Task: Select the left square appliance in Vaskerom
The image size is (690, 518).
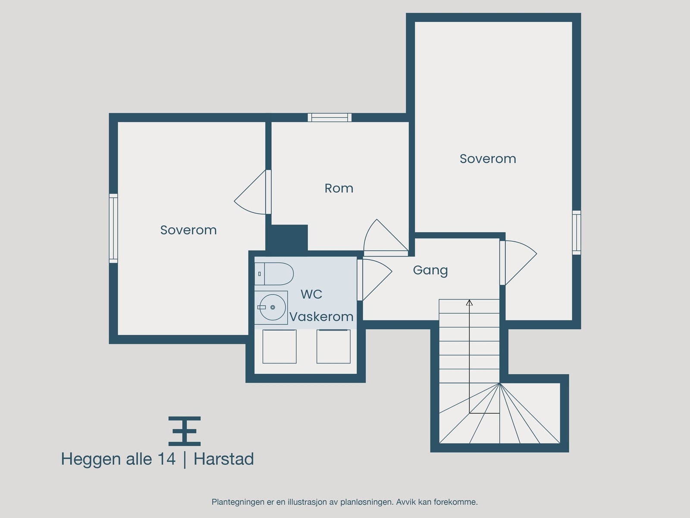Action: tap(279, 347)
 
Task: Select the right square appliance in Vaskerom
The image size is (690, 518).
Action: tap(333, 347)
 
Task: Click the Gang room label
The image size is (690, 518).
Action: tap(430, 270)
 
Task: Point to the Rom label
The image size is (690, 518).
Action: tap(339, 188)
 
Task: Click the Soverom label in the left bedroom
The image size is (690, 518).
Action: tap(188, 230)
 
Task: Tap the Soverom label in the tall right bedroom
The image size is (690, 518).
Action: tap(487, 159)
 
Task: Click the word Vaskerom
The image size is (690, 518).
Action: tap(321, 317)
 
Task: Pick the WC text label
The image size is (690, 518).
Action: tap(311, 294)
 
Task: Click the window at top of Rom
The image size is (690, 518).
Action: tap(329, 117)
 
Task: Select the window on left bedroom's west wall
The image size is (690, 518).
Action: tap(113, 228)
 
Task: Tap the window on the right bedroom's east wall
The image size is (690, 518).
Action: tap(576, 232)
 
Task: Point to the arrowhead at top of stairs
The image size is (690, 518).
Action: tap(469, 303)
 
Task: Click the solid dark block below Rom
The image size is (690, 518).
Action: tap(286, 237)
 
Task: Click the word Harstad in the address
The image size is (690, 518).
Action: tap(223, 459)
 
